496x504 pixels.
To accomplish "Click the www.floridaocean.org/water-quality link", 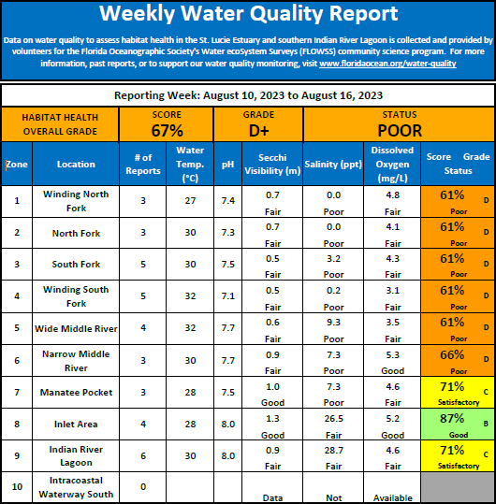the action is (x=387, y=64).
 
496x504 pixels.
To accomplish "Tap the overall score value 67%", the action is (x=167, y=131).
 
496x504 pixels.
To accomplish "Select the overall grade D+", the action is (x=258, y=131).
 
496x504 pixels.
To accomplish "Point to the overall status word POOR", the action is (x=400, y=131).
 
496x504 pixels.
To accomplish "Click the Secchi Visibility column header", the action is (x=272, y=165).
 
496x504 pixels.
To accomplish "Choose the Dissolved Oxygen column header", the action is (x=392, y=165).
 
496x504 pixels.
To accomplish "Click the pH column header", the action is (x=227, y=165).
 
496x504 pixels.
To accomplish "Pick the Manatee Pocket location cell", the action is (x=76, y=393).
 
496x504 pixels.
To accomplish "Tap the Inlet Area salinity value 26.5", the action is (x=333, y=419).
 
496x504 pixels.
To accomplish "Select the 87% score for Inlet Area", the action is (x=452, y=419).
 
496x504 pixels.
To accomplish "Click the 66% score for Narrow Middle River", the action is (x=452, y=355).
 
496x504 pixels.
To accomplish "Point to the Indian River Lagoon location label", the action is (x=76, y=455).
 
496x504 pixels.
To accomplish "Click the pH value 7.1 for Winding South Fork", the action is (x=227, y=295).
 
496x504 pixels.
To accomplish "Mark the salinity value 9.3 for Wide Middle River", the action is (x=333, y=323).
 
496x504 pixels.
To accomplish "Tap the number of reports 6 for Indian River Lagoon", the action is (x=143, y=455).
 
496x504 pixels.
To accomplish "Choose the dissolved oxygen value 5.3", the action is (x=392, y=355).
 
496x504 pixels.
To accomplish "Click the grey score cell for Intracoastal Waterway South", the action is (x=458, y=487).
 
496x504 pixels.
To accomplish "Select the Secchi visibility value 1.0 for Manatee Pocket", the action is (x=272, y=387).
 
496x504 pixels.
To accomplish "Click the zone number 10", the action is (x=17, y=487).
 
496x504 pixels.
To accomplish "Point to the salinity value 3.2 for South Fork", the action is (x=333, y=259).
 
